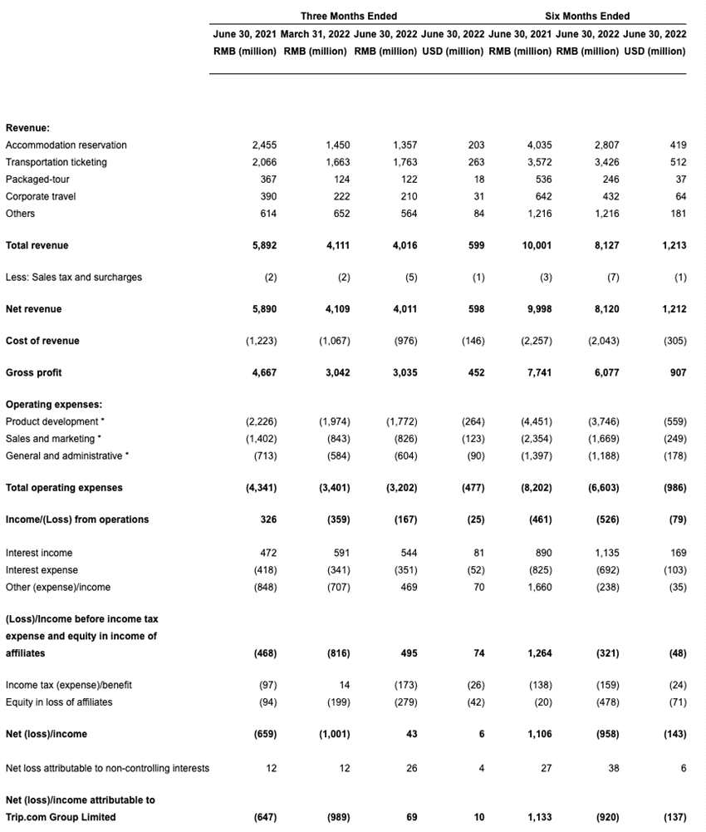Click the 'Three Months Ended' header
[348, 16]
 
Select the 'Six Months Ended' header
[586, 16]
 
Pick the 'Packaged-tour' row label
[33, 179]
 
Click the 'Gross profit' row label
[33, 372]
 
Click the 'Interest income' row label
[38, 553]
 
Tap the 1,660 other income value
[536, 587]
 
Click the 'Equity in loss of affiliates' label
[59, 702]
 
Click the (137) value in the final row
[673, 817]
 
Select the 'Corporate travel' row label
[39, 196]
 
